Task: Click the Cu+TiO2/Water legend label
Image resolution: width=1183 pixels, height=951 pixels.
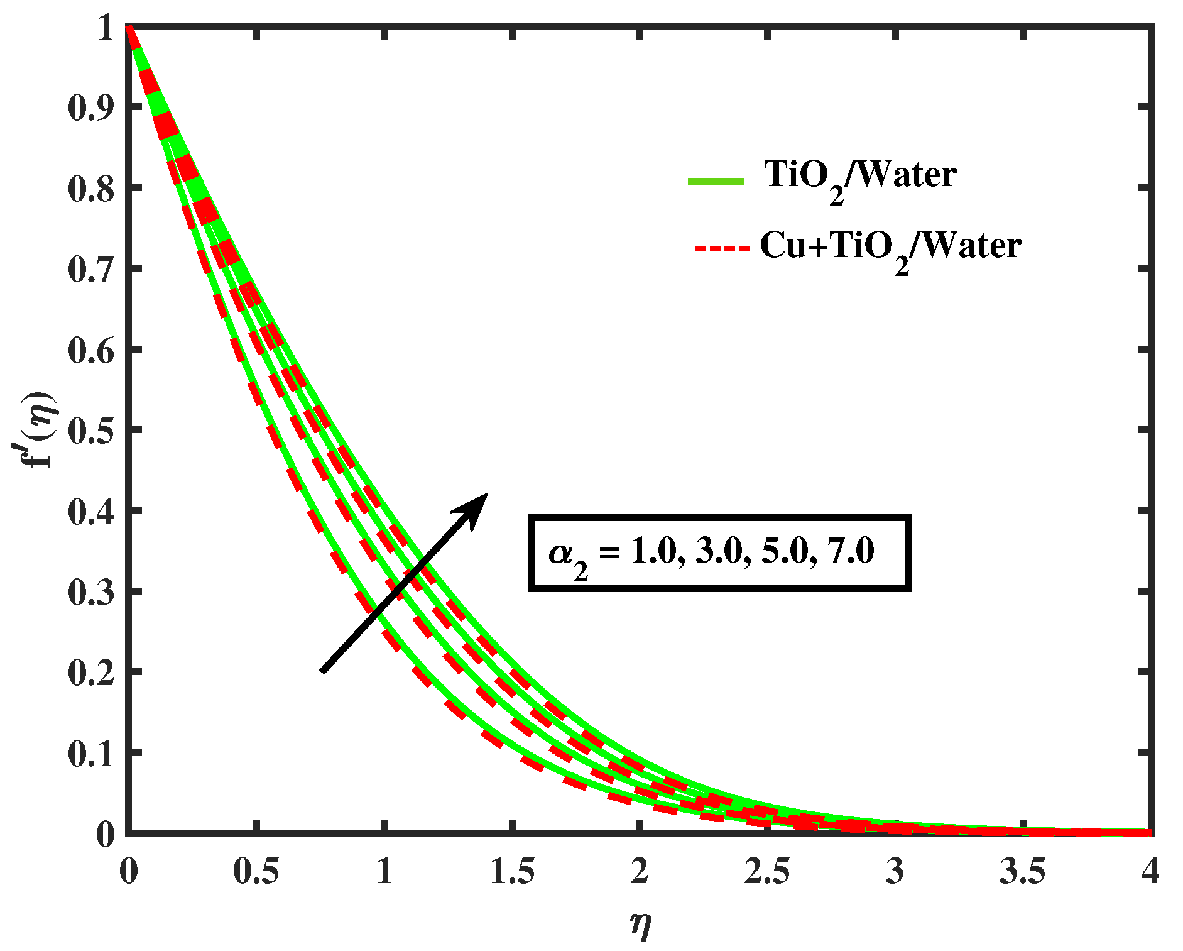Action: point(890,246)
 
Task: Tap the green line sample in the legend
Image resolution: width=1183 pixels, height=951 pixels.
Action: point(716,181)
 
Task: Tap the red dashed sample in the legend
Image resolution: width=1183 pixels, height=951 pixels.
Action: point(722,248)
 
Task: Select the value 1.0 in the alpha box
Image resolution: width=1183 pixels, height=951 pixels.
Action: point(653,551)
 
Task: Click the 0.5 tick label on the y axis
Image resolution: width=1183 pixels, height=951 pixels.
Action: point(91,431)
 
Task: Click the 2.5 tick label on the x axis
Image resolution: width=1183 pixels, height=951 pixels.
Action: point(767,872)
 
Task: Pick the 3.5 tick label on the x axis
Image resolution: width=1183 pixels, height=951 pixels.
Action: point(1023,872)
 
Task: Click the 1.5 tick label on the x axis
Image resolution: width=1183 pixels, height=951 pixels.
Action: point(512,872)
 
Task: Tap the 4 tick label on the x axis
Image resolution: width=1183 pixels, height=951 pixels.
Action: point(1150,872)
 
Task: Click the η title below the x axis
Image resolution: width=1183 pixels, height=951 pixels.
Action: point(640,925)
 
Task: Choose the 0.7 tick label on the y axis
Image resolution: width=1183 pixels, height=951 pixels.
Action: point(91,269)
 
